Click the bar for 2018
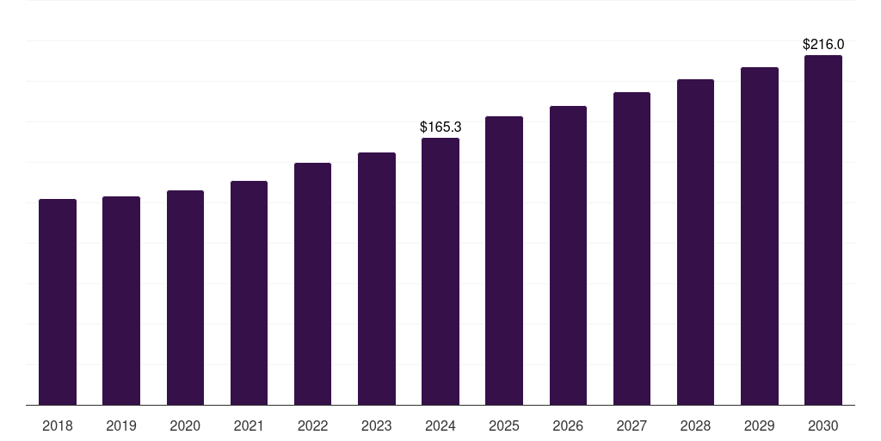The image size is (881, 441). click(x=58, y=301)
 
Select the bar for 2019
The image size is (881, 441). click(x=121, y=301)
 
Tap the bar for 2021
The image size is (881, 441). click(x=249, y=293)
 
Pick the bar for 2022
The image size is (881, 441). click(x=312, y=283)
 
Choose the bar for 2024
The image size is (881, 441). click(x=440, y=271)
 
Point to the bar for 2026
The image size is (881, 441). click(x=568, y=255)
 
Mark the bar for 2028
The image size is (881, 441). click(x=695, y=242)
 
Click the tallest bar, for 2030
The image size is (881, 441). click(x=823, y=230)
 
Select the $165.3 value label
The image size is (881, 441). click(x=440, y=127)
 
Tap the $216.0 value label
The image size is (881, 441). click(x=823, y=44)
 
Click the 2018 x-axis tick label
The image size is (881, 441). click(x=58, y=425)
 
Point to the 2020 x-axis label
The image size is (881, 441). click(x=185, y=425)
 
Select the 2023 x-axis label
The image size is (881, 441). click(x=377, y=425)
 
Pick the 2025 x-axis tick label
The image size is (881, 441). click(x=504, y=425)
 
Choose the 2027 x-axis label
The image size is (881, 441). click(x=631, y=425)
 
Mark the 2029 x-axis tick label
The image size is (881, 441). click(x=760, y=425)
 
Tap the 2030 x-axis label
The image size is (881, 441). click(x=823, y=425)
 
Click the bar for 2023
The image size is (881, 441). click(x=377, y=278)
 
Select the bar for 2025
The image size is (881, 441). click(x=504, y=260)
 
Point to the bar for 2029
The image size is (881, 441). click(x=760, y=236)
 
